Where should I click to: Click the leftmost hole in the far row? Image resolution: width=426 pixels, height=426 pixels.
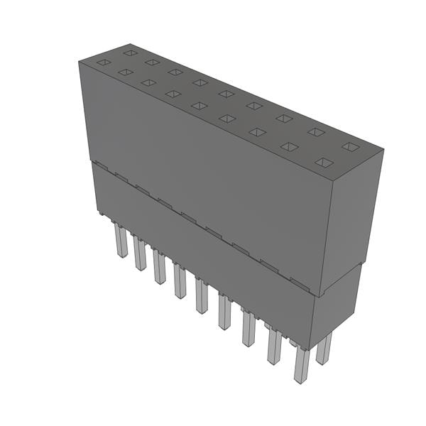click(x=130, y=52)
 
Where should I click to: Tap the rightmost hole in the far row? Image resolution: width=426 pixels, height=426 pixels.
click(x=349, y=146)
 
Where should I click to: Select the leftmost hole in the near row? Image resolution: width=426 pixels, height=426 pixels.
click(x=104, y=62)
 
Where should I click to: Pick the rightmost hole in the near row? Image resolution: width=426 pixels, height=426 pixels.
click(x=323, y=163)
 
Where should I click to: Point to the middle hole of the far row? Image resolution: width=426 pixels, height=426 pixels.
click(x=226, y=93)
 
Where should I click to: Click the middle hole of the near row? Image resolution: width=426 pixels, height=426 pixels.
click(x=200, y=106)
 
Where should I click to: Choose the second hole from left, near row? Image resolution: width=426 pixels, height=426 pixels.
click(x=126, y=72)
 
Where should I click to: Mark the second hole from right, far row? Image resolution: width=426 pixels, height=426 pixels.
click(x=315, y=131)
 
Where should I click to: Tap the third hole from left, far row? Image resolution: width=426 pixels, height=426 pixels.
click(x=175, y=72)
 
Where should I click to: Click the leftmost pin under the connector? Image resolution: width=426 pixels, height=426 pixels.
click(x=120, y=241)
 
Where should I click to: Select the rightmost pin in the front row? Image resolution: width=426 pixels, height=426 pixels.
click(x=301, y=365)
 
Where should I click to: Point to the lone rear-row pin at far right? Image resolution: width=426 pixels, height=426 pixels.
click(x=324, y=349)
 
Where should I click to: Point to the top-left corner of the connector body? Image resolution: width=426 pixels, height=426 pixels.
click(x=79, y=62)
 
